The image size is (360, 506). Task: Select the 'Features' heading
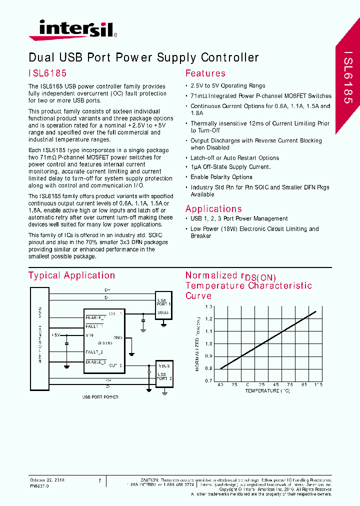[205, 73]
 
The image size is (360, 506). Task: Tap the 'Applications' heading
[213, 209]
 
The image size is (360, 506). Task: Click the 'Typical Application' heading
[71, 275]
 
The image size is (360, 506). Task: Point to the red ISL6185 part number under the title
[47, 73]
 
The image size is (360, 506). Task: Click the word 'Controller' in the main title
[230, 57]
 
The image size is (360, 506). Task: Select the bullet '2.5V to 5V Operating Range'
[227, 86]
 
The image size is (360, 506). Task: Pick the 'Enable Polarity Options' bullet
[221, 177]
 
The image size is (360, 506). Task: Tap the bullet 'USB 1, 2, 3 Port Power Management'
[238, 218]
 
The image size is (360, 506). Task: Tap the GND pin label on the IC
[118, 337]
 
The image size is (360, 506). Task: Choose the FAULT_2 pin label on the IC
[94, 352]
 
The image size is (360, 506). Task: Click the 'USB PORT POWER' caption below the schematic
[100, 396]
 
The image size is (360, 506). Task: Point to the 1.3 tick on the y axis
[208, 306]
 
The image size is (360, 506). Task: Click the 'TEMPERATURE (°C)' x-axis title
[267, 390]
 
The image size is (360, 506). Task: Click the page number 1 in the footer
[99, 480]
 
